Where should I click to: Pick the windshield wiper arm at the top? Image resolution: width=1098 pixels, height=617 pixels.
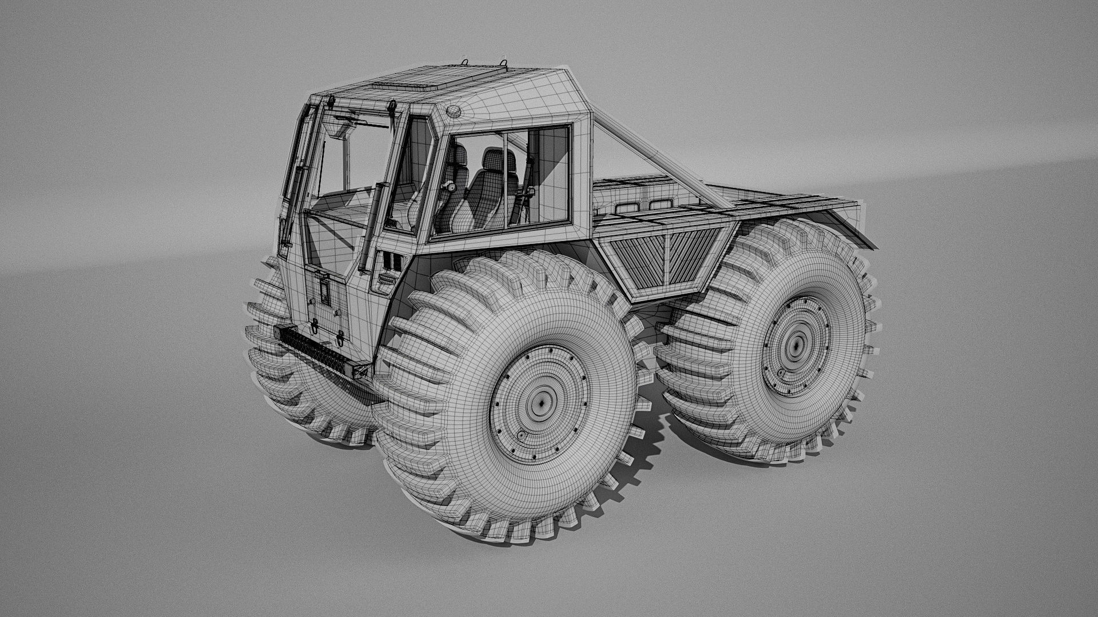(x=366, y=122)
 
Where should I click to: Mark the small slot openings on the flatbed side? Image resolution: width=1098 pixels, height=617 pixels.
(x=643, y=205)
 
